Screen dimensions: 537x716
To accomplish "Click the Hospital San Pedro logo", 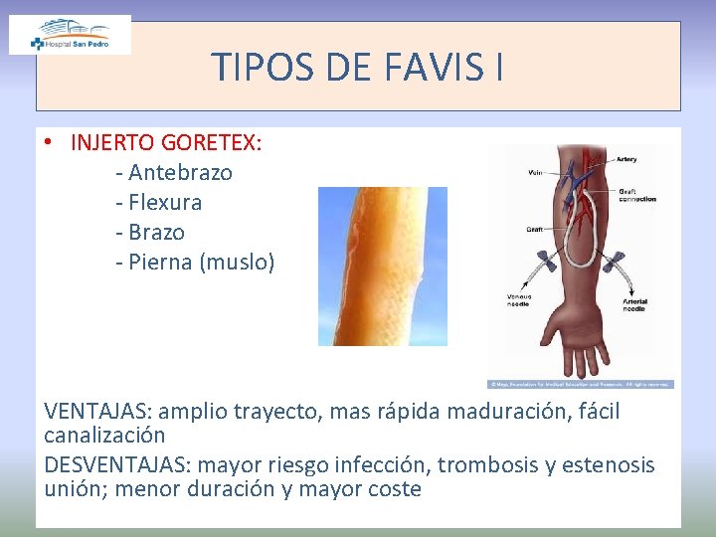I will point(70,35).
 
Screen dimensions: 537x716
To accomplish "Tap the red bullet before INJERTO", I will point(48,142).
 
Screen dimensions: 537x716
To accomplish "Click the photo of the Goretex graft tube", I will point(382,266).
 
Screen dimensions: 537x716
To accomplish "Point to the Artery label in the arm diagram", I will point(626,158).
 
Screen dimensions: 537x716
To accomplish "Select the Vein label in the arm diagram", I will point(536,172).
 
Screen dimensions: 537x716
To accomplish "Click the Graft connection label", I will point(636,195).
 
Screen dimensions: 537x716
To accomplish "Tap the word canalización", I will point(104,435).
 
